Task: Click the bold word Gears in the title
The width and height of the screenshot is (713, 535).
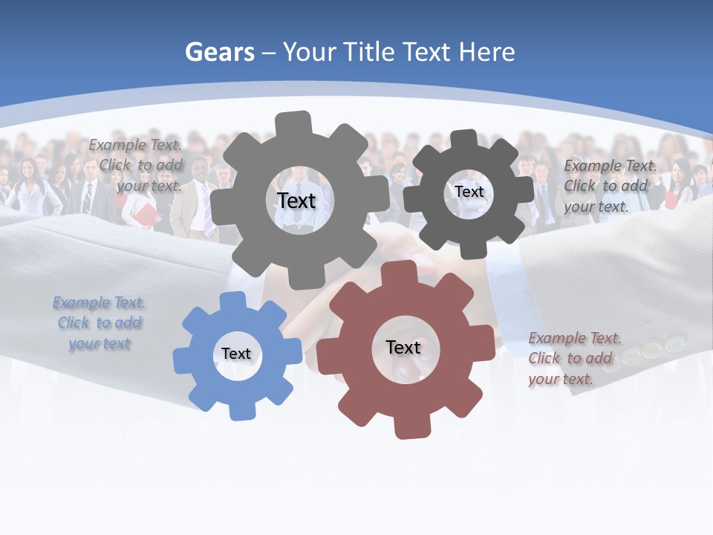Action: click(x=219, y=52)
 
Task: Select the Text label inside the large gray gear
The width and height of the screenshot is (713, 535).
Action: click(x=296, y=201)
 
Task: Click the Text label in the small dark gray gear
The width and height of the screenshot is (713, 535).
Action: click(x=469, y=192)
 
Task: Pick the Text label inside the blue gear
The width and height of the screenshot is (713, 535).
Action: click(x=236, y=354)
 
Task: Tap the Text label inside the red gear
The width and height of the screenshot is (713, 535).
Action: click(x=403, y=347)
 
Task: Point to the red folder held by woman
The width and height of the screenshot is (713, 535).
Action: click(x=147, y=215)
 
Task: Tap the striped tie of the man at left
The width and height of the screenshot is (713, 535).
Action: click(x=87, y=198)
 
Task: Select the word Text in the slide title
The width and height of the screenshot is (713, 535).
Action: click(x=429, y=52)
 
